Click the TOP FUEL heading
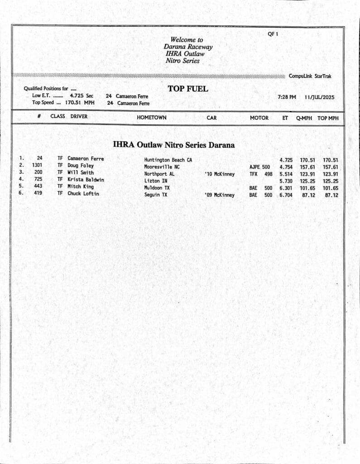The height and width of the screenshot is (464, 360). click(188, 89)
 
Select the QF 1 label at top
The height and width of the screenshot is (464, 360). click(273, 34)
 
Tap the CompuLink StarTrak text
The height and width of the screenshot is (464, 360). click(310, 76)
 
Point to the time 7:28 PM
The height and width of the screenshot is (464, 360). click(287, 97)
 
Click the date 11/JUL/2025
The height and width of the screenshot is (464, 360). click(319, 97)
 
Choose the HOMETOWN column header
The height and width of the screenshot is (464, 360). click(151, 118)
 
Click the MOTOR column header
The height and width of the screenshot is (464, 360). click(259, 118)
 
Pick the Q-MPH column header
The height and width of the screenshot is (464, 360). click(305, 118)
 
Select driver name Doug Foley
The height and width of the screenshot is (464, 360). click(81, 166)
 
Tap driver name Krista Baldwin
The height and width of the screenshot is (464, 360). click(86, 180)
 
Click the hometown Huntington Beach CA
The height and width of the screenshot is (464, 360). click(168, 160)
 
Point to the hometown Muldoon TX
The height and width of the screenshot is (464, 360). click(157, 188)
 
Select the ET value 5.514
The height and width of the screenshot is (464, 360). click(286, 174)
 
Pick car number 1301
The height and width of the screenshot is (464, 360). click(37, 165)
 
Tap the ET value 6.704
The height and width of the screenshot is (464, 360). click(286, 195)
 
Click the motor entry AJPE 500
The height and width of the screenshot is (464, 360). click(259, 167)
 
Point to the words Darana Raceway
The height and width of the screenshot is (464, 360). click(188, 47)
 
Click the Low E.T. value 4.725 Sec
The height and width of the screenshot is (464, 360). click(81, 96)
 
